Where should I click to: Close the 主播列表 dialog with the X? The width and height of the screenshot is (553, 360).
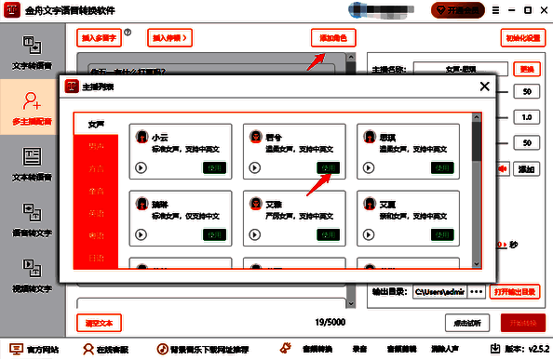(483, 87)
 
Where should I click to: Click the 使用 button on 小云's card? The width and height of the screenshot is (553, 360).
(214, 168)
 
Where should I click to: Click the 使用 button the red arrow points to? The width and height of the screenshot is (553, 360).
(329, 168)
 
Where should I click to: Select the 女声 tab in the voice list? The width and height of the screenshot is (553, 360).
(96, 124)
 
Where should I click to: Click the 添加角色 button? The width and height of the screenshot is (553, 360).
(332, 38)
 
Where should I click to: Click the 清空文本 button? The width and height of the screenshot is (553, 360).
(98, 323)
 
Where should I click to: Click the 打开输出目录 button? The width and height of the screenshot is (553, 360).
(515, 291)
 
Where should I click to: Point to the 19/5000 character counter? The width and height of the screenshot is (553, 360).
(331, 324)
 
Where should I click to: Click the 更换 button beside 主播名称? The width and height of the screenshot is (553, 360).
(526, 69)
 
